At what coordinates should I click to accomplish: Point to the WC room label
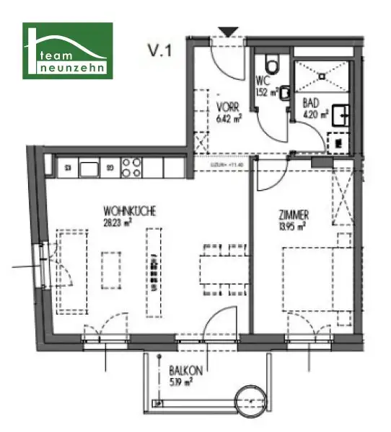point(263,81)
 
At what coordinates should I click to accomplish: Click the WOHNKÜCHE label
point(130,211)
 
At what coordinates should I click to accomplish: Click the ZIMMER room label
point(294,215)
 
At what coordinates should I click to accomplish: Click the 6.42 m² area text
point(228,118)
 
